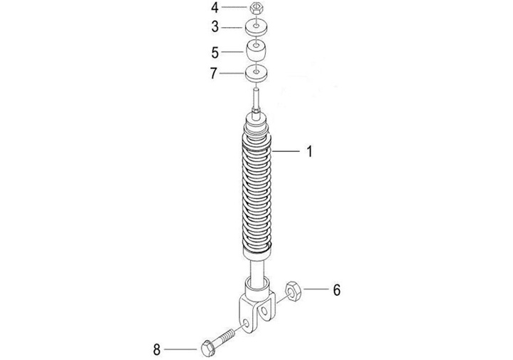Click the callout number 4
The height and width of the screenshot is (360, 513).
pyautogui.click(x=214, y=8)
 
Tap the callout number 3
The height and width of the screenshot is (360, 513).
pyautogui.click(x=214, y=27)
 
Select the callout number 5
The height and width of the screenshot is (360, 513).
pyautogui.click(x=214, y=52)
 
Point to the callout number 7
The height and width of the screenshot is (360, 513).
pyautogui.click(x=213, y=73)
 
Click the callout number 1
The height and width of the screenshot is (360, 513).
pyautogui.click(x=309, y=151)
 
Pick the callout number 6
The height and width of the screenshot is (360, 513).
pyautogui.click(x=336, y=290)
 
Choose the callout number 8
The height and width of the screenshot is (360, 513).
pyautogui.click(x=157, y=350)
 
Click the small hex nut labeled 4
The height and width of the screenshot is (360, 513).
pyautogui.click(x=256, y=7)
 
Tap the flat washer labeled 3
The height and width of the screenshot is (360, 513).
pyautogui.click(x=256, y=28)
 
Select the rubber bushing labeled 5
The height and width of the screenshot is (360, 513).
pyautogui.click(x=256, y=51)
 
